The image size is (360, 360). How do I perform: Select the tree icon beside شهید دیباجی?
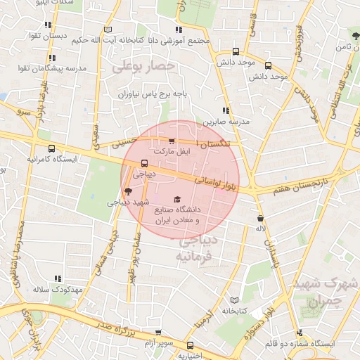click(x=127, y=191)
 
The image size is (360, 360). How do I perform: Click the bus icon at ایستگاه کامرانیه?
click(x=51, y=148)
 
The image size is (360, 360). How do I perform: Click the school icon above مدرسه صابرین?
click(x=226, y=110)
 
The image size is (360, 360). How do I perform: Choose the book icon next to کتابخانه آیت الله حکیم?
click(x=108, y=29)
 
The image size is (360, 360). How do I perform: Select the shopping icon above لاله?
click(x=261, y=218)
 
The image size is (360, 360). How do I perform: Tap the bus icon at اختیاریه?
click(x=190, y=345)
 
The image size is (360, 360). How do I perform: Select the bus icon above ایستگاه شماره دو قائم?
click(x=300, y=333)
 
